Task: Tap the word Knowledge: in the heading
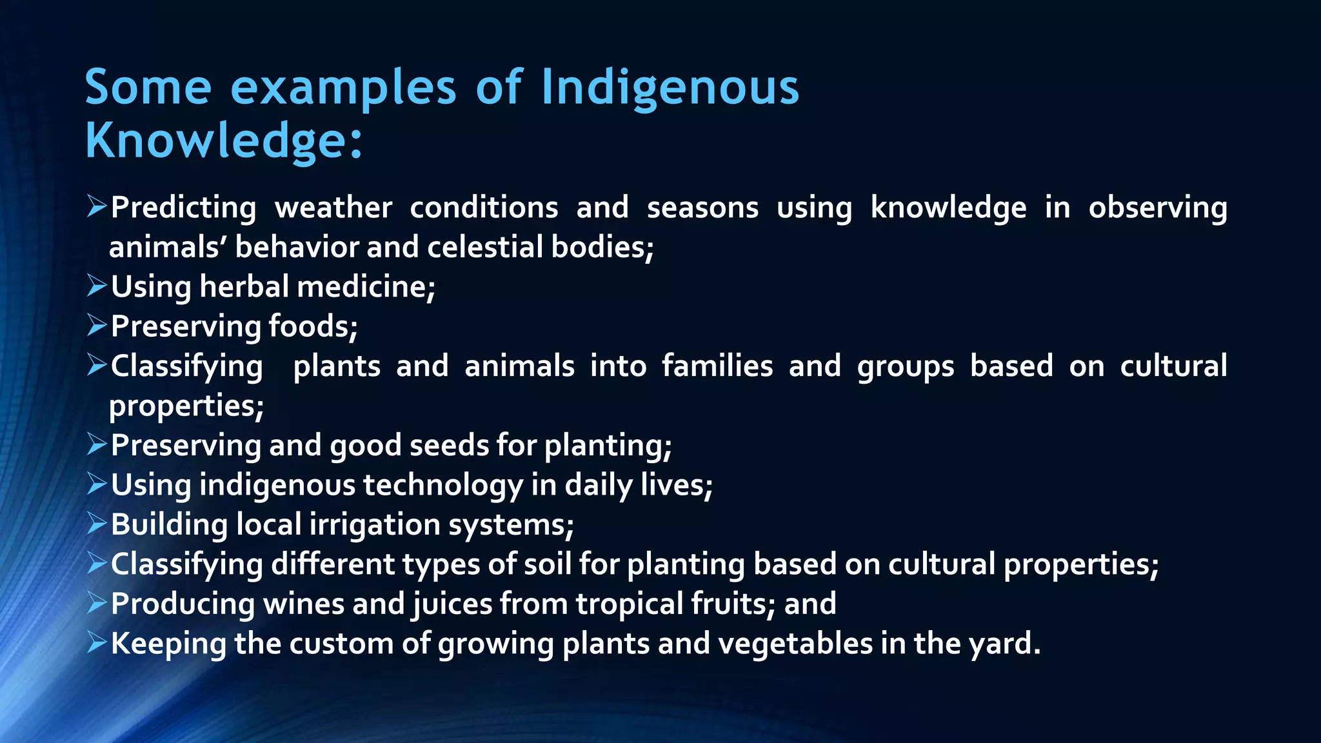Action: point(223,141)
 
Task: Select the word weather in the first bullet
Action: point(333,208)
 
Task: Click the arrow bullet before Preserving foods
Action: point(96,326)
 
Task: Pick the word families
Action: point(717,366)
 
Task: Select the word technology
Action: point(443,485)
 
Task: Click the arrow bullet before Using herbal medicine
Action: point(96,286)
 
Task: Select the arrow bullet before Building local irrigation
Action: point(96,524)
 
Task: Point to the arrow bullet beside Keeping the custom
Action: point(96,643)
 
